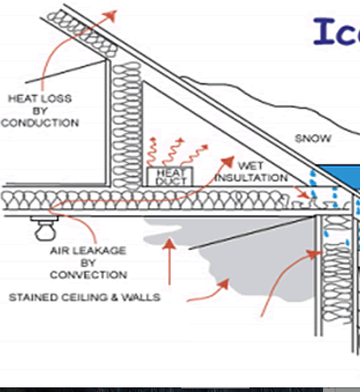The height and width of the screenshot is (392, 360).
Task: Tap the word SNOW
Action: [x=313, y=138]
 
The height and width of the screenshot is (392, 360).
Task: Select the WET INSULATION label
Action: [x=251, y=172]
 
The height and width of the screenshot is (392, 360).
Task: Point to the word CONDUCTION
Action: [x=40, y=123]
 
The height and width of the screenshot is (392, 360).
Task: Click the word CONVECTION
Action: [x=88, y=275]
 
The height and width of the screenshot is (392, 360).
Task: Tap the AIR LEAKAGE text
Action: [x=88, y=250]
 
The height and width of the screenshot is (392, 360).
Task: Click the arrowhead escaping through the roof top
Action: [x=111, y=14]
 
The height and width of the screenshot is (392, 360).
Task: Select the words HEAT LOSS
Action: [x=40, y=98]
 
